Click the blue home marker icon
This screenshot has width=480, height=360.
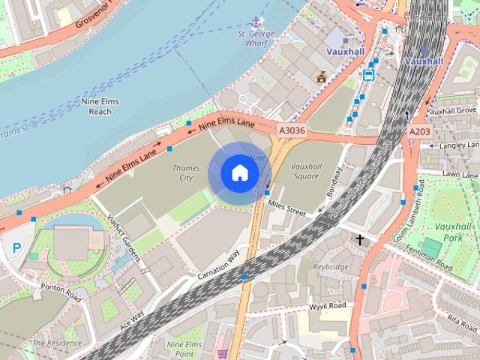click(238, 172)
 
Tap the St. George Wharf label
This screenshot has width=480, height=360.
click(257, 38)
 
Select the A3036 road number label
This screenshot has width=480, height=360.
click(292, 130)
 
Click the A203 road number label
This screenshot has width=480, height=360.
click(420, 131)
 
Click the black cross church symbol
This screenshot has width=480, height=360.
click(360, 240)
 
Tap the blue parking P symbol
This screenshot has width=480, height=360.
click(16, 247)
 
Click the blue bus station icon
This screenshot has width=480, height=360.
click(369, 74)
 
